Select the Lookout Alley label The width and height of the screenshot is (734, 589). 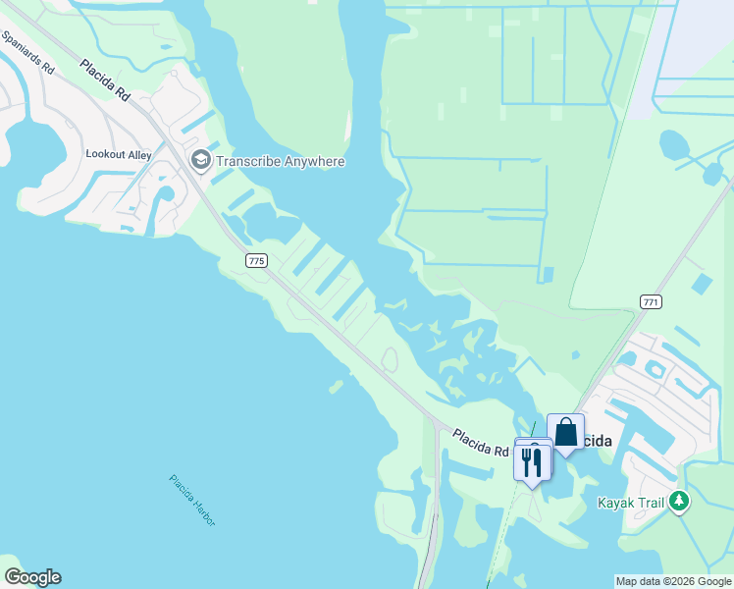[119, 155]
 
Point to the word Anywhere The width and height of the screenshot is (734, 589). [313, 161]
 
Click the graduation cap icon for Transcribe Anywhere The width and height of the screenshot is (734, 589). [201, 160]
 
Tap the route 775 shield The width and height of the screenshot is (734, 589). [256, 260]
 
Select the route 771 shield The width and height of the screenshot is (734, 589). [650, 300]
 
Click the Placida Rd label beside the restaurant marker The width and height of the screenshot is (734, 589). [481, 442]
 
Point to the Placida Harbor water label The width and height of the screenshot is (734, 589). [191, 500]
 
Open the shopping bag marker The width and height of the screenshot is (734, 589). [565, 432]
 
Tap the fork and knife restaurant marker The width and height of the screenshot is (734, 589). [532, 461]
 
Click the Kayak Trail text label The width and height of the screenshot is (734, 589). [630, 503]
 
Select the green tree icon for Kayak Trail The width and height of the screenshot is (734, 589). [679, 503]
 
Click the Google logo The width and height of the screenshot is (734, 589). [32, 577]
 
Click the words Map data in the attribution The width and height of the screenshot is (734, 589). [637, 581]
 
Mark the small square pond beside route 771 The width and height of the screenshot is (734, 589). [702, 285]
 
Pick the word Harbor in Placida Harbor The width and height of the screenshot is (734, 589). [201, 510]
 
